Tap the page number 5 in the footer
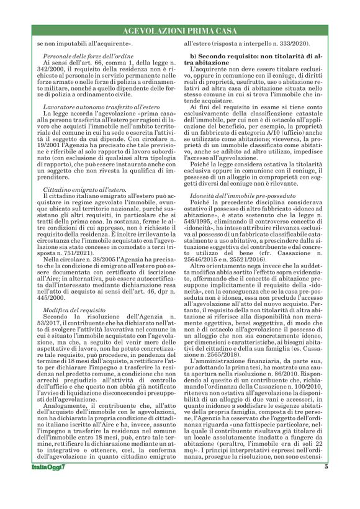pos(325,484)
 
